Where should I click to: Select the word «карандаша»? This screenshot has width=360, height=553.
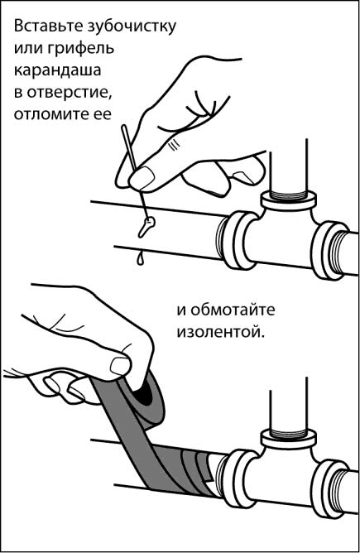tap(57, 70)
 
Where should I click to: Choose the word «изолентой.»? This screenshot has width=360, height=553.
tap(220, 332)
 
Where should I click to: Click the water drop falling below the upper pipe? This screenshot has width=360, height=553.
tap(141, 258)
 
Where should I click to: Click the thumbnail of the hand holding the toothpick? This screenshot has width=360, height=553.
tap(143, 176)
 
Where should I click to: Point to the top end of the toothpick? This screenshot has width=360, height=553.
tap(124, 127)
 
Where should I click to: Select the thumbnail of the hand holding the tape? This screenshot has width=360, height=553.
tap(120, 366)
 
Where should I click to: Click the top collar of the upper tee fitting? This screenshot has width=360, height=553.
tap(289, 200)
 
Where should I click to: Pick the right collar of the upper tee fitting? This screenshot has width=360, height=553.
tap(329, 250)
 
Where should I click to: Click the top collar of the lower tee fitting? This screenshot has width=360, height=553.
tap(289, 439)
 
